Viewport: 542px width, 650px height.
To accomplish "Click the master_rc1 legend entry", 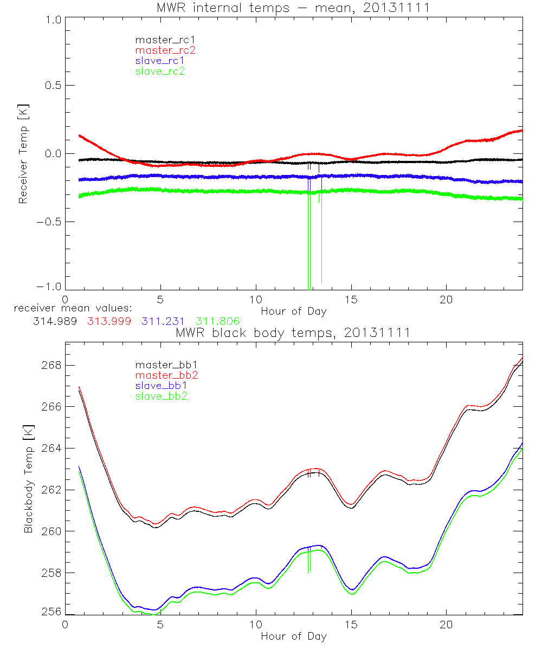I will click(x=161, y=40).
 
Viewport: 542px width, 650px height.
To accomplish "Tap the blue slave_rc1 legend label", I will click(x=160, y=60).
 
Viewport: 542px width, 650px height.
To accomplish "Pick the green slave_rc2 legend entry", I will click(x=160, y=70).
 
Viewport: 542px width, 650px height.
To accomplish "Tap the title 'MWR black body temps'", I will click(x=293, y=332).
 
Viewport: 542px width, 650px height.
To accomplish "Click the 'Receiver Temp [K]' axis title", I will click(x=23, y=153).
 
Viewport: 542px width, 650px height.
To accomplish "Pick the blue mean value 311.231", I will click(x=162, y=321).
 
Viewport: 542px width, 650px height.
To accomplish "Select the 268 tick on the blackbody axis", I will click(x=51, y=366).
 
